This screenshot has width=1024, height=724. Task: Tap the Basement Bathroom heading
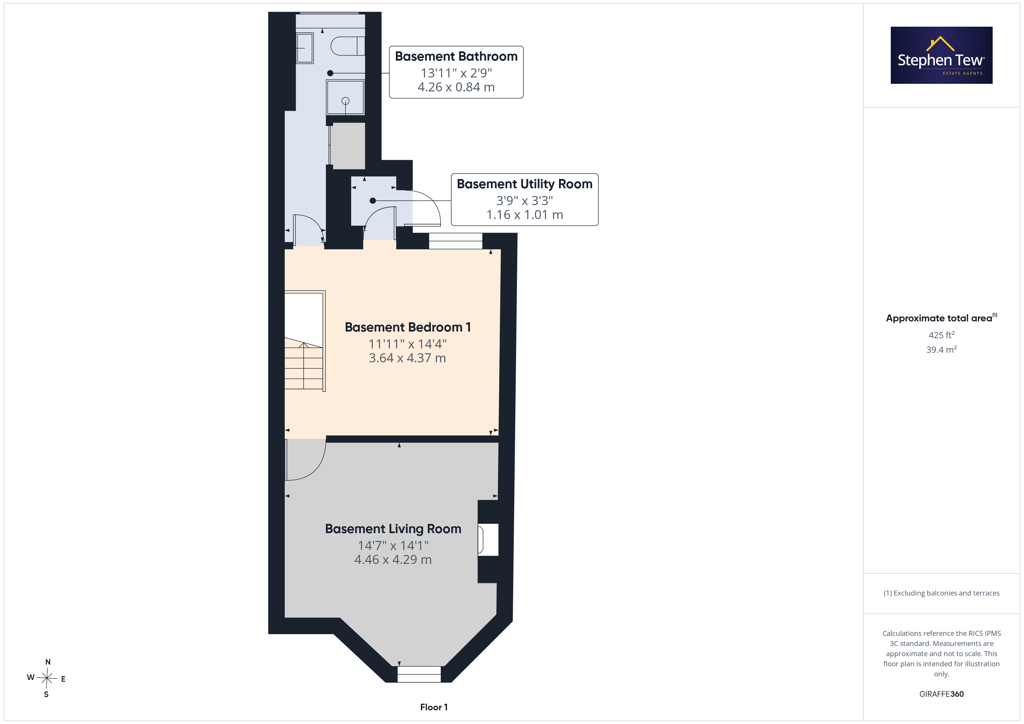(456, 57)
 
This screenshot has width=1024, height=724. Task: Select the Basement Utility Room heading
(524, 184)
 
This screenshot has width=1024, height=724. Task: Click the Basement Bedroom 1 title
(408, 327)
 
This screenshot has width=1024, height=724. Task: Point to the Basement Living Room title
(393, 529)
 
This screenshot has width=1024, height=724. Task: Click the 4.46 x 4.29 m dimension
(393, 560)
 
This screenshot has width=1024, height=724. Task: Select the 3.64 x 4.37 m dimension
(407, 358)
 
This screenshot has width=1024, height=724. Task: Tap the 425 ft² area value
(942, 335)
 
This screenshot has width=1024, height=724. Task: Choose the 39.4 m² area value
(942, 350)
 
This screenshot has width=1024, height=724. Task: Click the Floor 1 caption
(434, 707)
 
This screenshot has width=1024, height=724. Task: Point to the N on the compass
(48, 662)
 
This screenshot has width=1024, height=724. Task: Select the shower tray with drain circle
(345, 97)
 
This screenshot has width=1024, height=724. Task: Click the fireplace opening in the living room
(488, 540)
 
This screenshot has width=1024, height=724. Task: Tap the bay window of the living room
(419, 674)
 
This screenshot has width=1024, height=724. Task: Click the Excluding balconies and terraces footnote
(942, 593)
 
